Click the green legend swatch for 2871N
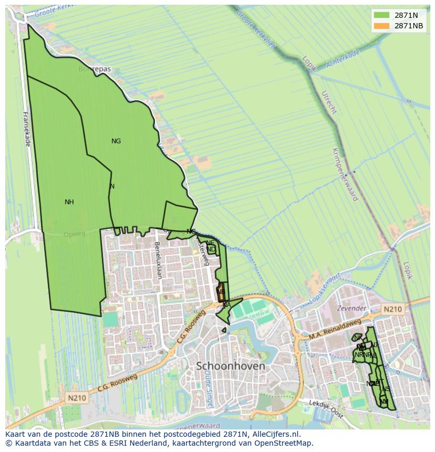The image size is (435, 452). (x=382, y=15)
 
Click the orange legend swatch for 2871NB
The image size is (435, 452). (x=382, y=26)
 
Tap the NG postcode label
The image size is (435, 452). (x=116, y=141)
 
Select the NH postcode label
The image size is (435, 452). (x=69, y=202)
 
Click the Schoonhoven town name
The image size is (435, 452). (x=230, y=366)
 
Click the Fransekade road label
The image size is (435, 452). (x=26, y=129)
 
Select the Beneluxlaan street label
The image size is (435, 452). (x=158, y=259)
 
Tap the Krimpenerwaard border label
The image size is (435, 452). (x=345, y=174)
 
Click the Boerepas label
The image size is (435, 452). (x=95, y=69)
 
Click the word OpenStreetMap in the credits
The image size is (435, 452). (x=287, y=443)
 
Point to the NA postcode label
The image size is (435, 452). (x=226, y=305)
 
